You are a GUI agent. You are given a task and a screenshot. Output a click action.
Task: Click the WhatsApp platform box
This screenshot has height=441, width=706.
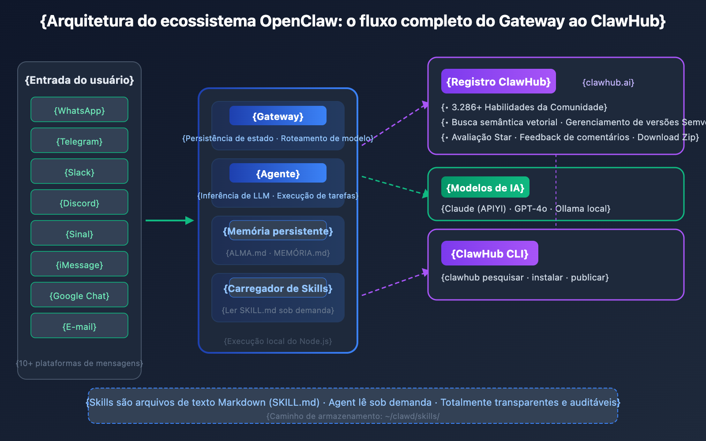click(79, 110)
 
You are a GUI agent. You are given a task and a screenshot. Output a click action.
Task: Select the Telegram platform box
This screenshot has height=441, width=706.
click(79, 141)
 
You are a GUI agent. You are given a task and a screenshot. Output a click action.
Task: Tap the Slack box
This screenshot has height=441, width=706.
click(79, 172)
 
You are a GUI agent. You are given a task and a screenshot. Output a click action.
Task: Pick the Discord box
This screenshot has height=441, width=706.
click(79, 202)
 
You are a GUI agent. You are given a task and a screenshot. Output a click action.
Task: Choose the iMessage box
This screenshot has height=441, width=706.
click(79, 264)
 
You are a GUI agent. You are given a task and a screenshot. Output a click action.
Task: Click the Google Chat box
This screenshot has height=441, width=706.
click(79, 295)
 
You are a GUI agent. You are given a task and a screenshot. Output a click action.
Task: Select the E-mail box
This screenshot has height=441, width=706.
click(79, 326)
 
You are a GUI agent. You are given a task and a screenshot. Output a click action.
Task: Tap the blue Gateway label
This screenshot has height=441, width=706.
click(278, 116)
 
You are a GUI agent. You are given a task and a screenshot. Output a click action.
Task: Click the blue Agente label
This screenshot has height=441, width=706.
click(278, 173)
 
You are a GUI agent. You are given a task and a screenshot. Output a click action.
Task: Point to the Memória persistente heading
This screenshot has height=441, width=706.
click(278, 231)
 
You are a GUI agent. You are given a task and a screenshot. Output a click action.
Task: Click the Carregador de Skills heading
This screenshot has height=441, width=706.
click(278, 288)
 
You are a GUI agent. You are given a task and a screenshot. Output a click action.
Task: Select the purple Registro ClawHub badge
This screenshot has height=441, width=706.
click(498, 82)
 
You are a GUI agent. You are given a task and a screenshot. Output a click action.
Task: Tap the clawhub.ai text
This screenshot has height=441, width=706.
click(608, 82)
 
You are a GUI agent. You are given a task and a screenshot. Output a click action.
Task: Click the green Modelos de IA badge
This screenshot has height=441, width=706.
click(485, 187)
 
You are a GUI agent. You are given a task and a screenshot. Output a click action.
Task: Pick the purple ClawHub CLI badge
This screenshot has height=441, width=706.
click(489, 254)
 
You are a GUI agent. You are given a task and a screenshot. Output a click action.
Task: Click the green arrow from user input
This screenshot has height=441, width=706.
click(169, 220)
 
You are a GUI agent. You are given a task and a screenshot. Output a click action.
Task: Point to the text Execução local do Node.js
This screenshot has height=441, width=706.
click(278, 341)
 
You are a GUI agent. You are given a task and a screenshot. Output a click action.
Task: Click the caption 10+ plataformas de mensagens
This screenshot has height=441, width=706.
click(79, 363)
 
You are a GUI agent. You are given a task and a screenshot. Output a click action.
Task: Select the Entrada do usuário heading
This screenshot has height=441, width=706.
click(79, 80)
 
